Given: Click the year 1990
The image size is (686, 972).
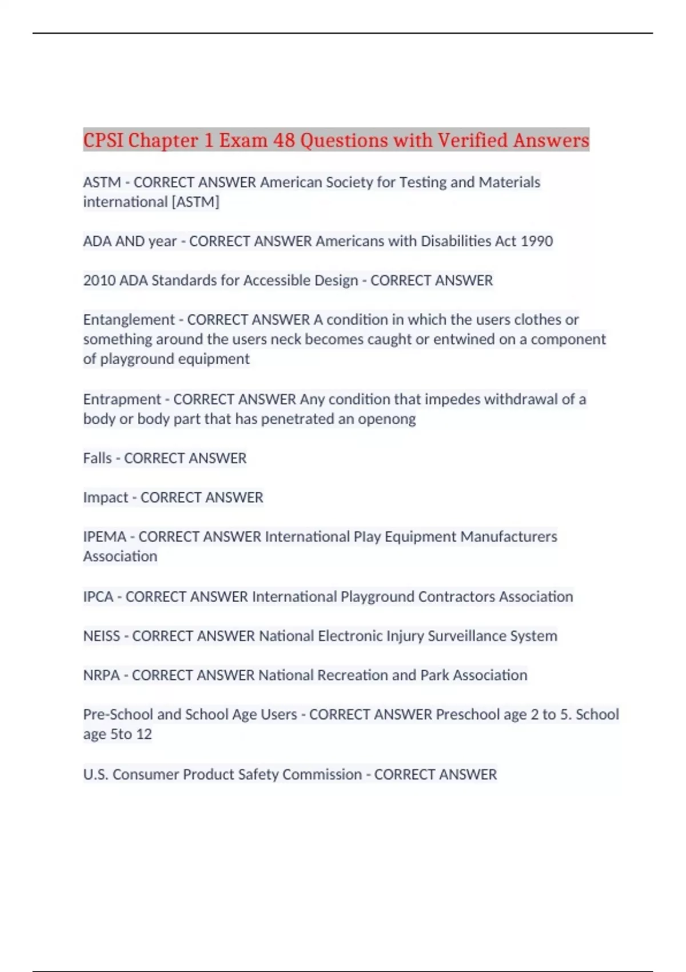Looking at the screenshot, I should point(537,241).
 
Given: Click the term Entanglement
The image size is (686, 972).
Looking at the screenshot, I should point(129,320).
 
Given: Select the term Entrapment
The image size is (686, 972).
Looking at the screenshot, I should point(122,399).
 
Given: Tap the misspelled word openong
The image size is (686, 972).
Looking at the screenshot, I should point(387,419).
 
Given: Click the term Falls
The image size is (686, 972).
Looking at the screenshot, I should point(97,459).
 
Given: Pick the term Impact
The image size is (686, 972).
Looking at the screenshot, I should point(105,497).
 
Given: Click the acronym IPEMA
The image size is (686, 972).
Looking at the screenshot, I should point(105,537).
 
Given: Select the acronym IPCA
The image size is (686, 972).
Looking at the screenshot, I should point(98,597).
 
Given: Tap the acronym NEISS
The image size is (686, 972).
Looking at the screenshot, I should point(101,636).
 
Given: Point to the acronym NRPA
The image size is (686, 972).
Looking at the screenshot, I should point(101,675).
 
